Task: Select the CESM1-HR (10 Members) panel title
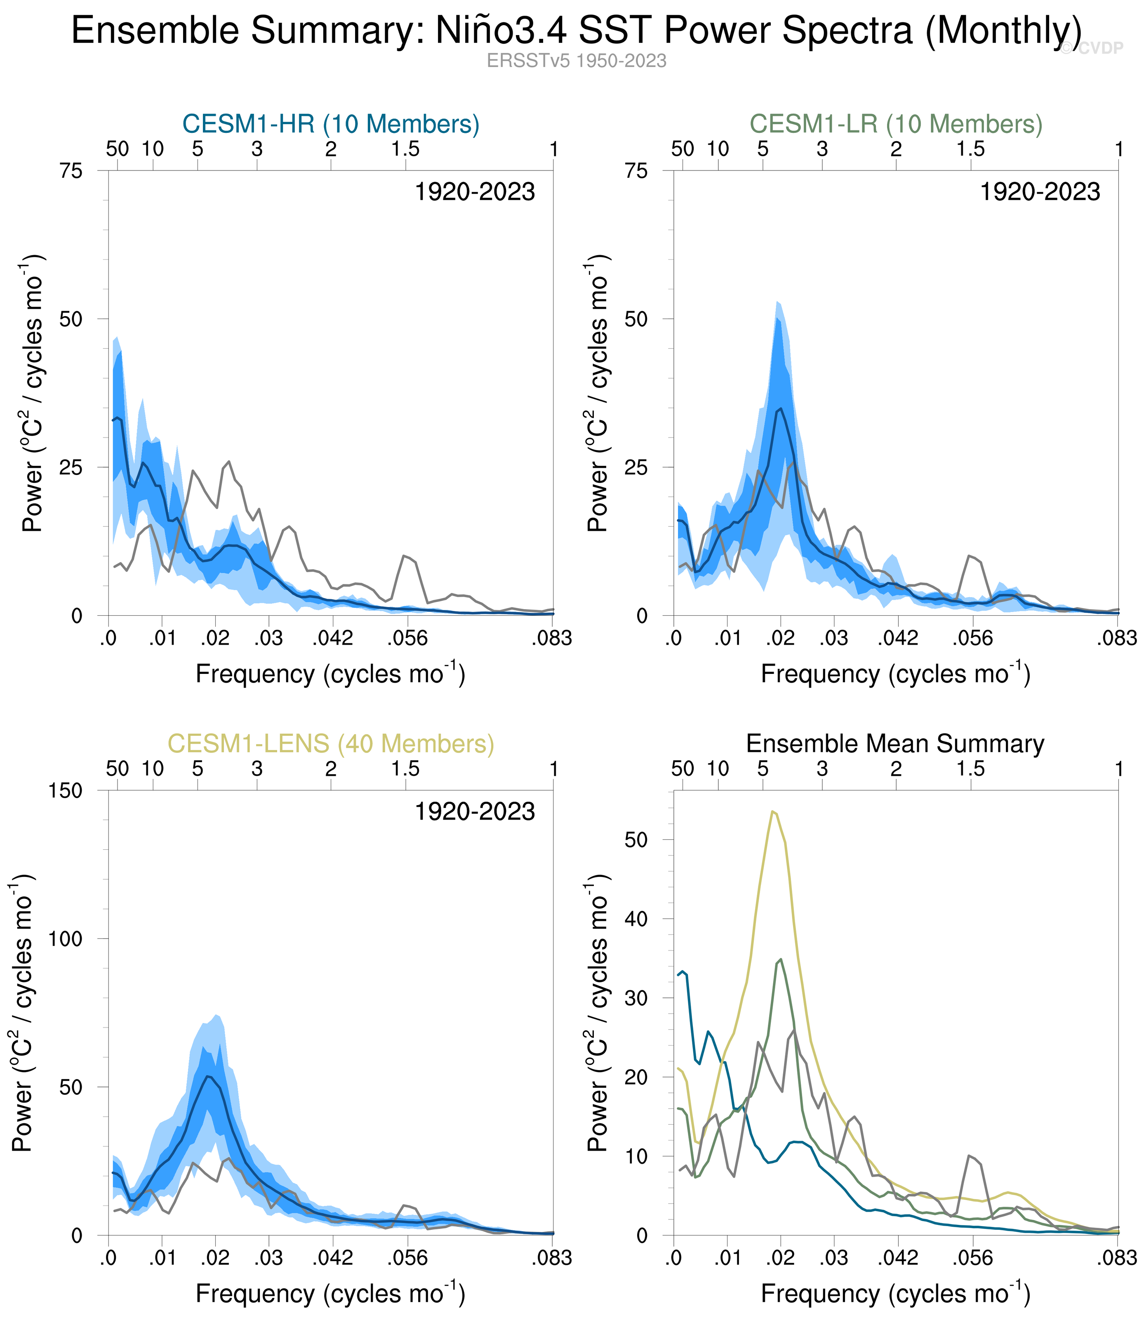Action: [331, 123]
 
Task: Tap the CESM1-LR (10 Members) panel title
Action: [896, 123]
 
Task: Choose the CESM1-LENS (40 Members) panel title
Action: [331, 744]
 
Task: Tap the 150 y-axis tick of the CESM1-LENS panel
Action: [66, 791]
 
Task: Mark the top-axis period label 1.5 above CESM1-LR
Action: [970, 149]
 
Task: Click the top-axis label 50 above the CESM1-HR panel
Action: [118, 149]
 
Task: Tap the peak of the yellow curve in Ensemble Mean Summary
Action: [772, 812]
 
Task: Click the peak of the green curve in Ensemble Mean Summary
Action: [781, 959]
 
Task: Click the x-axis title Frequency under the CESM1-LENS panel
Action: [255, 1294]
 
